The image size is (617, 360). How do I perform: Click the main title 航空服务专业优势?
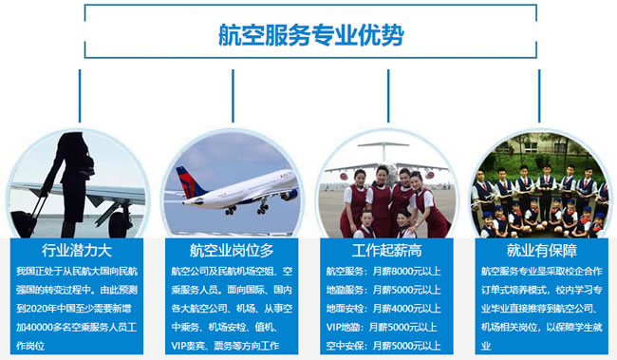click(x=308, y=36)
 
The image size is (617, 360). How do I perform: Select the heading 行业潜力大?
click(x=77, y=251)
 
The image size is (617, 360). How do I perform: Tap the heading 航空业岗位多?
click(x=232, y=251)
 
